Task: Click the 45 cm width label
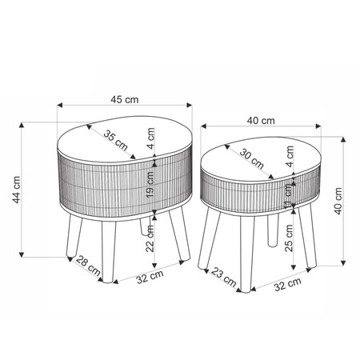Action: [x=125, y=100]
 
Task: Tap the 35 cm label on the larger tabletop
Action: [x=116, y=140]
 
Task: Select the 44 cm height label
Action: [x=16, y=190]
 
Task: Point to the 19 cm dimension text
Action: [x=150, y=185]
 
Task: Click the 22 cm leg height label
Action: [x=150, y=238]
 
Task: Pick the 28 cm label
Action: [x=88, y=266]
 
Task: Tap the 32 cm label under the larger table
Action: [x=150, y=277]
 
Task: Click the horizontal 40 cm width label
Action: [x=261, y=121]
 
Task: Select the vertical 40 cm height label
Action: [x=338, y=201]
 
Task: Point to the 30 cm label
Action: [x=252, y=158]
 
